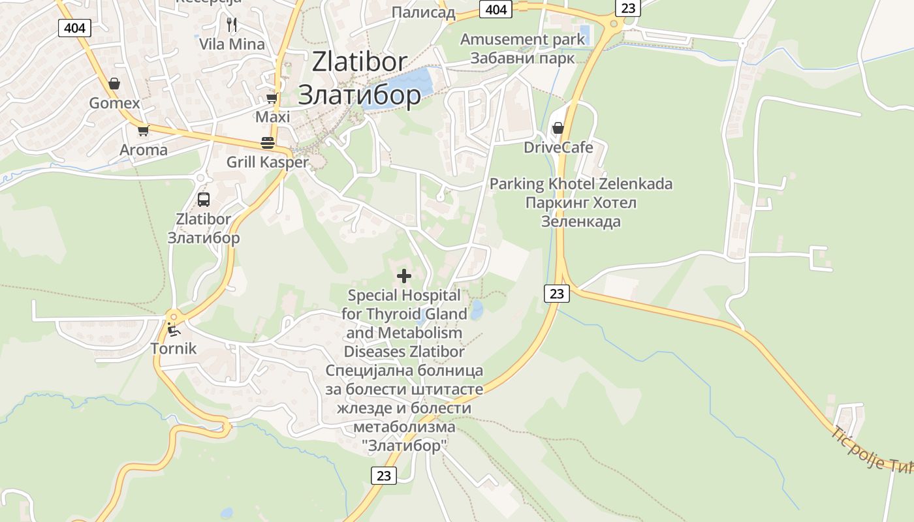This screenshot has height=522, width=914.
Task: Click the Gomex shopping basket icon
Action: tap(114, 84)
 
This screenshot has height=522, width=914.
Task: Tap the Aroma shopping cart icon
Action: tap(143, 130)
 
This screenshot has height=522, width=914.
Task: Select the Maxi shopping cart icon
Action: tap(272, 99)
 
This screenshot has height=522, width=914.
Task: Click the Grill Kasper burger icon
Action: tap(268, 142)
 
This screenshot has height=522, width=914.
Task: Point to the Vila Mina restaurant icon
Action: tap(232, 25)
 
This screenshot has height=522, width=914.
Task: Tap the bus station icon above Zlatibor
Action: tap(204, 200)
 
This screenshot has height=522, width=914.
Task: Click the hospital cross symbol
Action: tap(404, 276)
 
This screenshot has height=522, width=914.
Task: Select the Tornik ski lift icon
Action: tap(173, 329)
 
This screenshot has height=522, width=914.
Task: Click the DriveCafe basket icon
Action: tap(558, 128)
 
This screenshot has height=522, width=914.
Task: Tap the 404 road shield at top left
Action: tap(74, 28)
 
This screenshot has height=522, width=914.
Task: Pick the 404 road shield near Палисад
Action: tap(496, 9)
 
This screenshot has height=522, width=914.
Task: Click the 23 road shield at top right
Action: tap(627, 8)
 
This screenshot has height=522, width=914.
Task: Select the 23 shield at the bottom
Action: tap(384, 476)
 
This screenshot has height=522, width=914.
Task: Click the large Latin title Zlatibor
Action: tap(360, 62)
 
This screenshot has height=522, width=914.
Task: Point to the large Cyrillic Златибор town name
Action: tap(360, 95)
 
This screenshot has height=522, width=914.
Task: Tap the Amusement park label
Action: tap(523, 39)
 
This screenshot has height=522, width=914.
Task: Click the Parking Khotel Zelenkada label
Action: tap(580, 184)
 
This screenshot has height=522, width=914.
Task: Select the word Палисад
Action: tap(423, 12)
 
